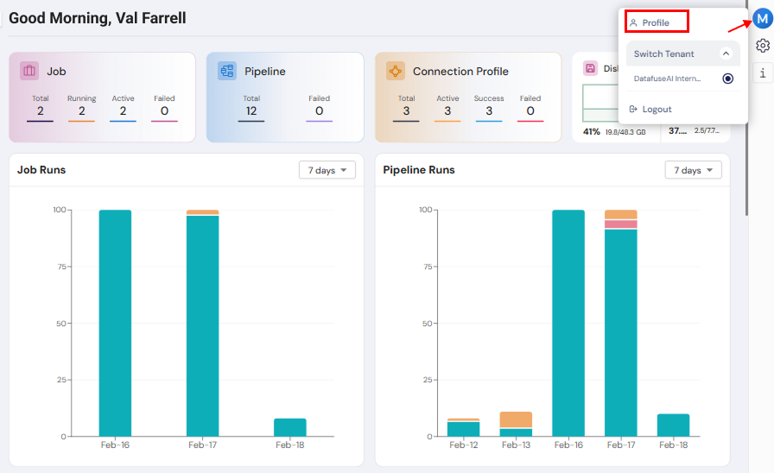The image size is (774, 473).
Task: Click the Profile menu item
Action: click(x=656, y=22)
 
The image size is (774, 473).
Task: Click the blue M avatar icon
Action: click(x=762, y=18)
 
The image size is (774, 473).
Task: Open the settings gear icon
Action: click(x=762, y=46)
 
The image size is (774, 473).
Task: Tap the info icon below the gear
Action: click(x=762, y=73)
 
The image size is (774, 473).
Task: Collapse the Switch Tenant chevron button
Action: click(x=726, y=54)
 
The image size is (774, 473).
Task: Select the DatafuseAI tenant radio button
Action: click(x=727, y=79)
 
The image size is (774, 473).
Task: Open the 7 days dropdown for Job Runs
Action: click(x=327, y=170)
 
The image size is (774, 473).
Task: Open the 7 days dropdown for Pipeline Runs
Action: click(x=693, y=170)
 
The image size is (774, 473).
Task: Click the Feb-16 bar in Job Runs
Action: click(x=115, y=323)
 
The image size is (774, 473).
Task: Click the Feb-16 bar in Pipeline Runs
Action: click(x=568, y=323)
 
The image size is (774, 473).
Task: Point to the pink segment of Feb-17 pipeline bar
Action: click(x=620, y=224)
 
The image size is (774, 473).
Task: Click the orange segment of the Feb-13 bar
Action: click(x=516, y=419)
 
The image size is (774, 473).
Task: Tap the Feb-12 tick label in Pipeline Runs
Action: click(x=464, y=445)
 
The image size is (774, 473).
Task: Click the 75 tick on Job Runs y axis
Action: click(x=59, y=267)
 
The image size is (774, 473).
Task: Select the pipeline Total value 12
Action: click(x=251, y=110)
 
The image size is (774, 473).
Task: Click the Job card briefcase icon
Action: click(x=29, y=71)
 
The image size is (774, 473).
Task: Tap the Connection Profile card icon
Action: click(x=396, y=71)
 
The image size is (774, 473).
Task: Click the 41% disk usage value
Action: click(x=592, y=131)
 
